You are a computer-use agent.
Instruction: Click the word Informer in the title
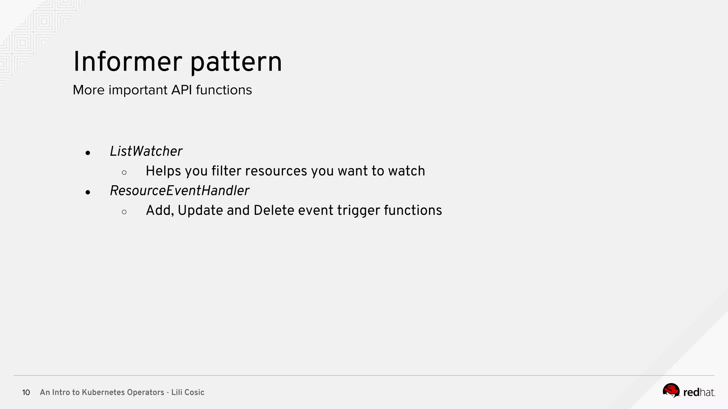(128, 62)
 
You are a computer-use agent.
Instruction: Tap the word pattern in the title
(236, 62)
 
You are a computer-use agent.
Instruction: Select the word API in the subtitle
(182, 90)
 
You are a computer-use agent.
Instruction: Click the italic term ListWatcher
(146, 151)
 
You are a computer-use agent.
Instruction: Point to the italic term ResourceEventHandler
(179, 191)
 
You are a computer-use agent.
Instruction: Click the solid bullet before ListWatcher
(88, 153)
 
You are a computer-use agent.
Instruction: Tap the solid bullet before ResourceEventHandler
(88, 192)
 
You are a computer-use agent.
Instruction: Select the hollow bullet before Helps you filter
(124, 173)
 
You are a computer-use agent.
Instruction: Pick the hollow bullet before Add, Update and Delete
(124, 212)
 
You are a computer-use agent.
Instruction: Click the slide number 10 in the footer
(26, 392)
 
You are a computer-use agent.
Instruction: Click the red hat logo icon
(671, 391)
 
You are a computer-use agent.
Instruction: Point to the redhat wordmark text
(699, 392)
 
